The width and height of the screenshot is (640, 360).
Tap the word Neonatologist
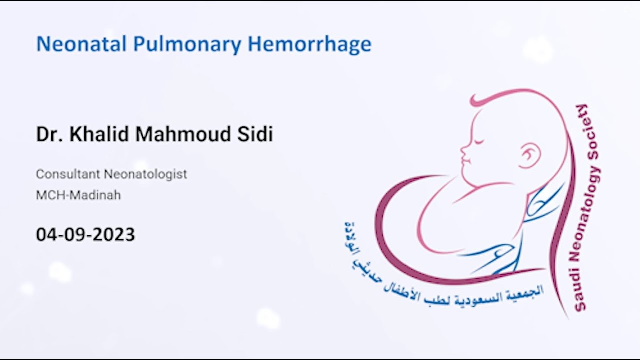point(145,175)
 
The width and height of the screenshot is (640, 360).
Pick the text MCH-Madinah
point(78,195)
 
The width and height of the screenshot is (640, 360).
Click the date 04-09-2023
point(85,234)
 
